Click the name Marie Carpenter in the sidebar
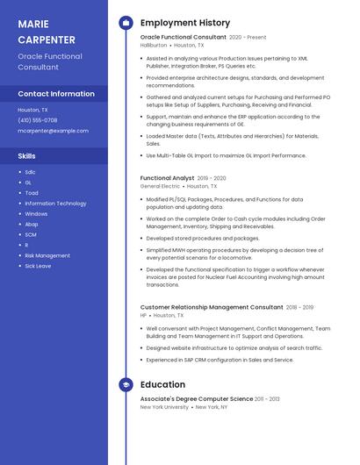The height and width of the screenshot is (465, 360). [46, 32]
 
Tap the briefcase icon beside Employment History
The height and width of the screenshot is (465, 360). [126, 23]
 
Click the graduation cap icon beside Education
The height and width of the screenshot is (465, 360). [126, 384]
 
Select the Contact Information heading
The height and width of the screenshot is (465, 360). [56, 93]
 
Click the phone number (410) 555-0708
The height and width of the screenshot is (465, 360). [37, 120]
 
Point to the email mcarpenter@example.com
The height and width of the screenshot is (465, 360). [53, 131]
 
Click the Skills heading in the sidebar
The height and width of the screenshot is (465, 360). [26, 155]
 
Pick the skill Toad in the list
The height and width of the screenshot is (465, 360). [32, 193]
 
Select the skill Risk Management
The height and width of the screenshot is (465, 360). [47, 255]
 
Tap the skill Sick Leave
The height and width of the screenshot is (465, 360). [38, 266]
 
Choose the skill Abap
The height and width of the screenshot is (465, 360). [32, 224]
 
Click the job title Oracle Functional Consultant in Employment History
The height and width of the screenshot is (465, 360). [183, 38]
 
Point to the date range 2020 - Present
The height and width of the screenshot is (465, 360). [248, 38]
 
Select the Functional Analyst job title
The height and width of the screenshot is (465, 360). [167, 178]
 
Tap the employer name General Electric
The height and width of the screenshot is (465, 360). [160, 186]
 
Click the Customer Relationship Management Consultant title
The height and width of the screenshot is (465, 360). [212, 308]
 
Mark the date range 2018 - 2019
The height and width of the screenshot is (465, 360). [300, 308]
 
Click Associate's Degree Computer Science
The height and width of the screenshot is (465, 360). [197, 399]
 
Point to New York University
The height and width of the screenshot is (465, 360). [164, 407]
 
